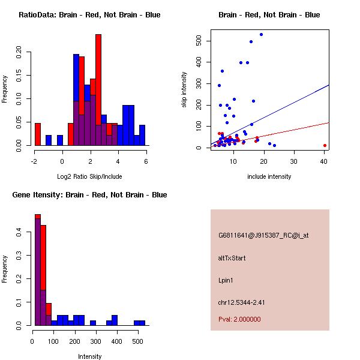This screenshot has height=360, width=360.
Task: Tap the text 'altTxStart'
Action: (x=232, y=258)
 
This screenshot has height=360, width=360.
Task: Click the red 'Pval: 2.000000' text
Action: (x=239, y=319)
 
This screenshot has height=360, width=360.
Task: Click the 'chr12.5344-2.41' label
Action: (x=242, y=302)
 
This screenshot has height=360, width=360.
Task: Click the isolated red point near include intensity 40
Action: (x=325, y=145)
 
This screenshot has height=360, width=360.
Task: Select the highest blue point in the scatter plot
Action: (x=261, y=34)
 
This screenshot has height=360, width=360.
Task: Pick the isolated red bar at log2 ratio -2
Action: (x=38, y=134)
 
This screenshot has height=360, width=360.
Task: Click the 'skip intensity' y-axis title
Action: (x=185, y=90)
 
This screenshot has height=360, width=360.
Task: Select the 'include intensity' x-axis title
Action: (x=269, y=177)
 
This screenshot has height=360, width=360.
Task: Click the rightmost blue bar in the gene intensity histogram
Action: (x=139, y=323)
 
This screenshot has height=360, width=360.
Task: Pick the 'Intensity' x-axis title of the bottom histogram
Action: (x=89, y=356)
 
